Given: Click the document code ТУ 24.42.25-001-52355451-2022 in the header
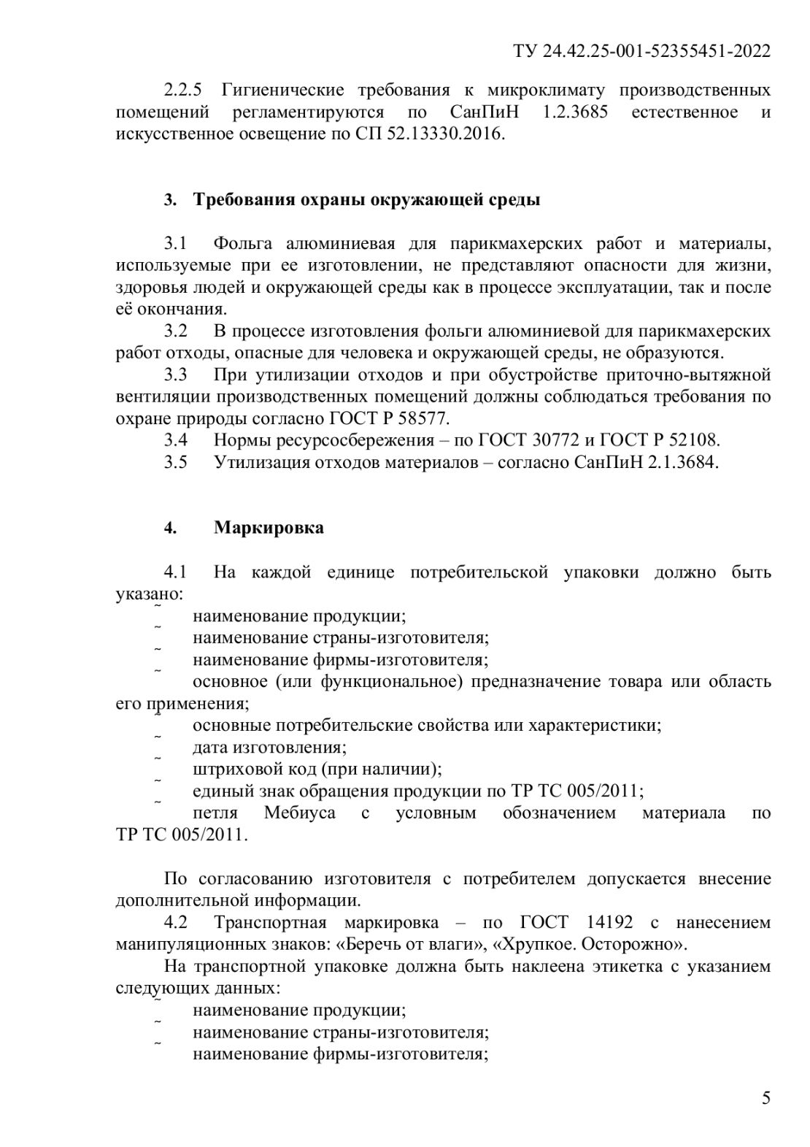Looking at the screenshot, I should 642,50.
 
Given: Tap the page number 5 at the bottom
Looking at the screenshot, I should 765,1097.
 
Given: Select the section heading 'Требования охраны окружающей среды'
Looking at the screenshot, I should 366,199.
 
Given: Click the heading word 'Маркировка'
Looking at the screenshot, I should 269,527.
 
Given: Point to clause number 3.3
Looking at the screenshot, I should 175,375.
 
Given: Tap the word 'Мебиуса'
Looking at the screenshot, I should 299,813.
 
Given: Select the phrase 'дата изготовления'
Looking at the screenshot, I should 269,747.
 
